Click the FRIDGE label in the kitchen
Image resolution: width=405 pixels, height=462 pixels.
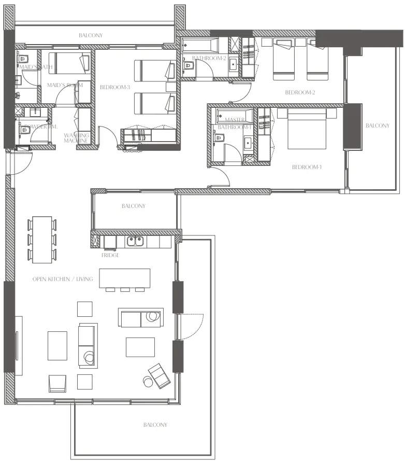[x=110, y=255]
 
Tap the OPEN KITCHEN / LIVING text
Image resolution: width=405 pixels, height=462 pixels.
[x=63, y=279]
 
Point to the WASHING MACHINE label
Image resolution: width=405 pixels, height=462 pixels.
[x=76, y=138]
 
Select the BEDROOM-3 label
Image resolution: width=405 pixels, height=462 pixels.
[x=114, y=88]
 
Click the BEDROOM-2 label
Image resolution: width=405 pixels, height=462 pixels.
[x=300, y=93]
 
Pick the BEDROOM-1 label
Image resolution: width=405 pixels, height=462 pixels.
[x=307, y=167]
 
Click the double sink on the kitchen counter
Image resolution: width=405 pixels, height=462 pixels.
[x=135, y=241]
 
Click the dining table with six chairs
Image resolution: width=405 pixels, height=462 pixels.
[x=42, y=239]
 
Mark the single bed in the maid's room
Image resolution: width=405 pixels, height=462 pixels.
[x=69, y=63]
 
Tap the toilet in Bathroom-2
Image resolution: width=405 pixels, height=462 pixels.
[x=188, y=66]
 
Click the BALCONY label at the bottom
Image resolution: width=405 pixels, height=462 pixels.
[x=155, y=425]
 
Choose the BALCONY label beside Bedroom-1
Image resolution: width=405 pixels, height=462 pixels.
[x=377, y=125]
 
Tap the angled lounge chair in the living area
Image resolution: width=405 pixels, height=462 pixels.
[x=158, y=375]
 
